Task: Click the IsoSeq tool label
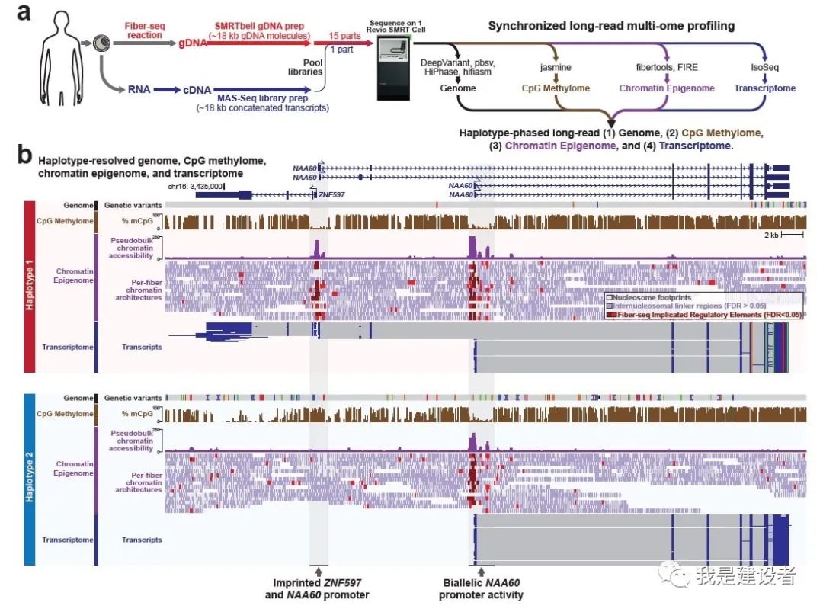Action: coord(764,66)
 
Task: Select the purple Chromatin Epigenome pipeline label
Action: coord(667,88)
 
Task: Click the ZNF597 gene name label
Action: coord(332,195)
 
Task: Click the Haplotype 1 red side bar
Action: coord(30,286)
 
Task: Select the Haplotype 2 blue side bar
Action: coord(30,479)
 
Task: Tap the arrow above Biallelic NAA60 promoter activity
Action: coord(480,570)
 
